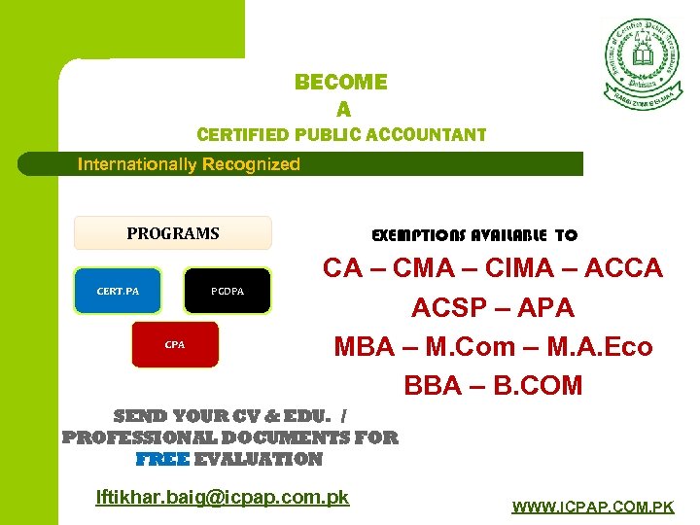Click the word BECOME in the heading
tap(341, 83)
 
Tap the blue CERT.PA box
tap(118, 291)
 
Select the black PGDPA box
tap(228, 291)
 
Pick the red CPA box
tap(175, 344)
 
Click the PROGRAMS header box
tap(173, 233)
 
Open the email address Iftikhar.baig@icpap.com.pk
tap(223, 497)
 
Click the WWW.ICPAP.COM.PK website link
tap(593, 507)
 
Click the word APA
tap(544, 308)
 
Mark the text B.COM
tap(538, 386)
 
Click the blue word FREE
tap(162, 459)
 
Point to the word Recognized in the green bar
tap(251, 164)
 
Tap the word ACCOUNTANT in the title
tap(428, 134)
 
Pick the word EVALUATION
tap(259, 459)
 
